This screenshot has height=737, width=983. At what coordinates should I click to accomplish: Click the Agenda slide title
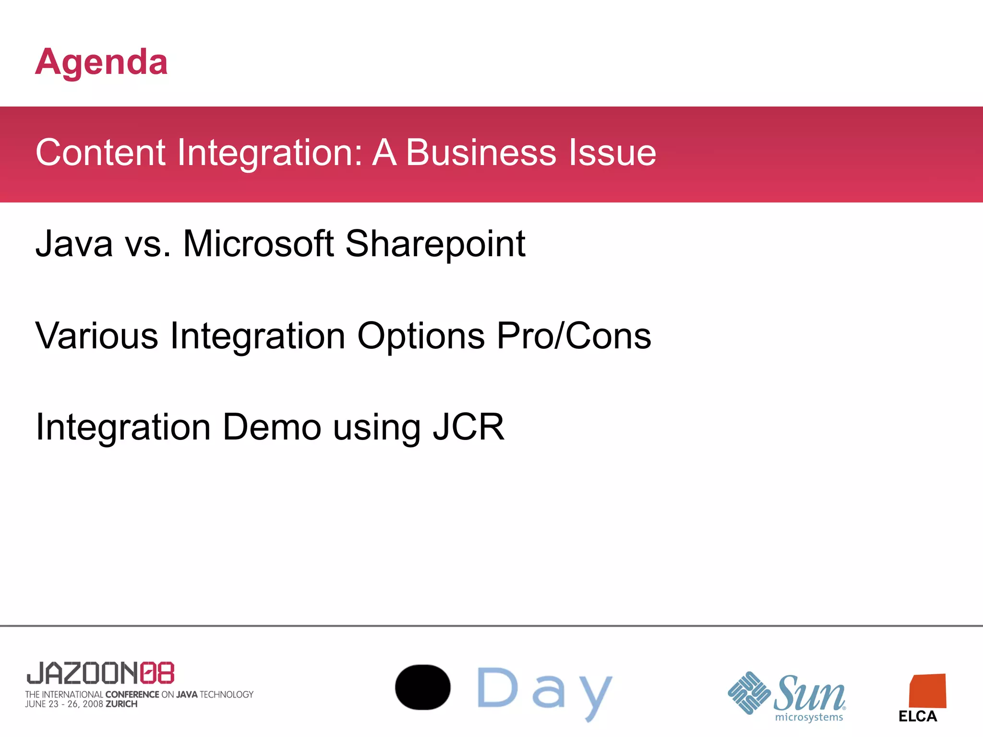[x=101, y=62]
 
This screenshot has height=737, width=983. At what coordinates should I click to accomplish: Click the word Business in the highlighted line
[x=481, y=153]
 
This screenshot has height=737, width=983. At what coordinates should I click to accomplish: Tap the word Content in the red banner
[x=100, y=153]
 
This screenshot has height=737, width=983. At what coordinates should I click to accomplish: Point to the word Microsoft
[x=258, y=244]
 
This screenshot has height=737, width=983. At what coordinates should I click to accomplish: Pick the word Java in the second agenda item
[x=74, y=244]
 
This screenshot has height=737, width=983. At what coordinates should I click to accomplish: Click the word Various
[x=96, y=335]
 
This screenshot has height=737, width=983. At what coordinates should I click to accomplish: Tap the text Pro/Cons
[x=574, y=335]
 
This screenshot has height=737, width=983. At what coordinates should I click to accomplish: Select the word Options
[x=421, y=336]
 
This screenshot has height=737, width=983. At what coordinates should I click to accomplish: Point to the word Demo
[x=272, y=427]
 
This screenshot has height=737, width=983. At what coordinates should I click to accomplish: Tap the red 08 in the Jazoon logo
[x=157, y=673]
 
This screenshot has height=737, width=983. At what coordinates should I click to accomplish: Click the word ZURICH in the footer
[x=121, y=704]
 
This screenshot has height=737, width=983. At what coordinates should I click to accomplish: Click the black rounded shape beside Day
[x=422, y=687]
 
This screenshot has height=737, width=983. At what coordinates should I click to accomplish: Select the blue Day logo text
[x=545, y=691]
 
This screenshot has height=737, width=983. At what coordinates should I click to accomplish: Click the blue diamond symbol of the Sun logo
[x=749, y=693]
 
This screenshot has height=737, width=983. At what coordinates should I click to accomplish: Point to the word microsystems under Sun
[x=809, y=717]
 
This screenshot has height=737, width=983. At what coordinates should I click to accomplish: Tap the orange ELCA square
[x=927, y=691]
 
